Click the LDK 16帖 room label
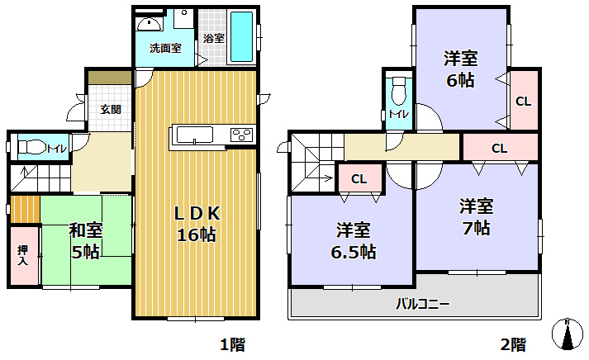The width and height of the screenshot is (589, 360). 196,224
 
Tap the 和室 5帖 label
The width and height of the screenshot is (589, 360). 84,240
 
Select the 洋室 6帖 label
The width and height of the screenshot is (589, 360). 460,69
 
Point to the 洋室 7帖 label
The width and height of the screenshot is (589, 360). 477,216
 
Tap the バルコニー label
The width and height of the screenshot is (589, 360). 421,304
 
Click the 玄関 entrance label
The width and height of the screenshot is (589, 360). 111,109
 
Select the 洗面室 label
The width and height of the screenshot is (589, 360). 164,48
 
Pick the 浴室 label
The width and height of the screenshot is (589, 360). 214,38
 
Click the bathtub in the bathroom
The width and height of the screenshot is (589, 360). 241,37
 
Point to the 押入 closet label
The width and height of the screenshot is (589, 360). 23,255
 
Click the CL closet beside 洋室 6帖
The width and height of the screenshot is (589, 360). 523,102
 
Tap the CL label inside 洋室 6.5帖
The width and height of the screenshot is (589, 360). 359,178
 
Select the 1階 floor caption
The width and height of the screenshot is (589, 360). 232,343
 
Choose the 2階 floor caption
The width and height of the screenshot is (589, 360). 512,343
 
